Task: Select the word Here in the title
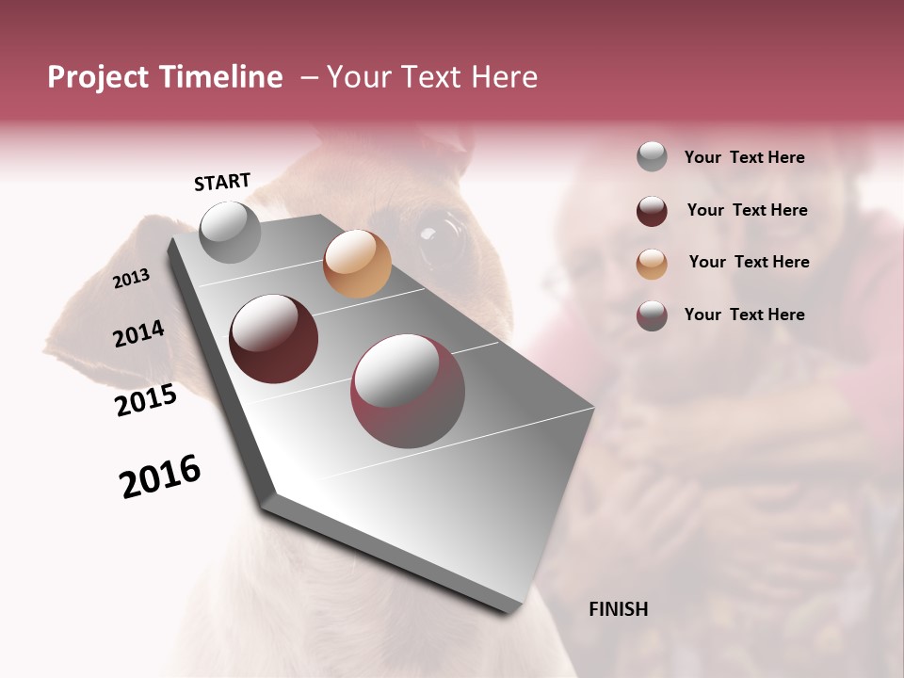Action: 504,77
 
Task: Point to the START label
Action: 222,182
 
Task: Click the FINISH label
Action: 618,609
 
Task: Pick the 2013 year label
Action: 131,279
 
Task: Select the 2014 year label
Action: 138,334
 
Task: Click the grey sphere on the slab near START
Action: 230,232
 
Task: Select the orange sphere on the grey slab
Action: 357,264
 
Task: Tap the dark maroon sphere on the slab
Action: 273,339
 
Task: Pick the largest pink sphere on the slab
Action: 408,391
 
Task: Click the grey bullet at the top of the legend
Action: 652,157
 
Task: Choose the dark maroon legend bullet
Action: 652,211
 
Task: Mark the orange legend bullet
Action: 652,264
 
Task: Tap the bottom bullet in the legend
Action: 652,315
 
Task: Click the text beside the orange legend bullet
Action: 749,262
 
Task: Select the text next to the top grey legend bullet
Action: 744,157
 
